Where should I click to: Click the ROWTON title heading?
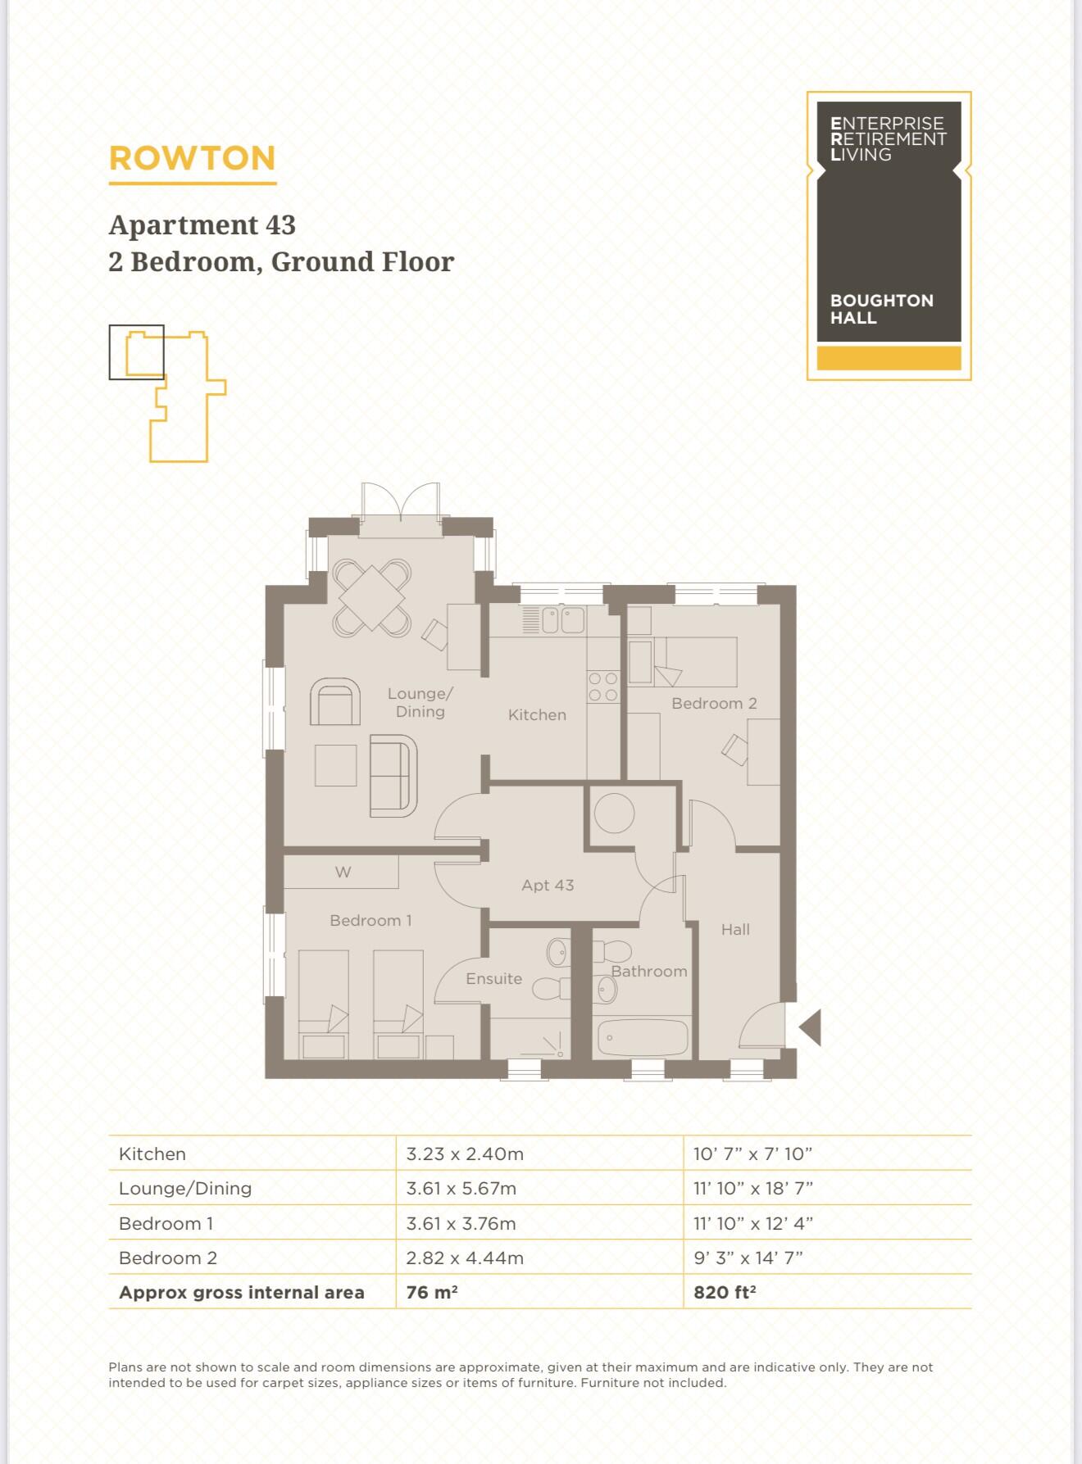pos(192,158)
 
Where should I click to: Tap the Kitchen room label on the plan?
pos(537,715)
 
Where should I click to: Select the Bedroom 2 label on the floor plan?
pos(714,704)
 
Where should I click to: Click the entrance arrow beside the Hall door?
pos(811,1027)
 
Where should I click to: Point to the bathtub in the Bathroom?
pos(642,1038)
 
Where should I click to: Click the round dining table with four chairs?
pos(371,598)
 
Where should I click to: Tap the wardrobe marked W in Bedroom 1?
pos(342,873)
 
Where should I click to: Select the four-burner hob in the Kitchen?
pos(602,687)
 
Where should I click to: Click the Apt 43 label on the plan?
pos(548,886)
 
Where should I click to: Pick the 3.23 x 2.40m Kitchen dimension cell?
pos(465,1154)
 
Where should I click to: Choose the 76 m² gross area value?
pos(432,1293)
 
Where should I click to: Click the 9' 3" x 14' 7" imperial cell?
pos(748,1258)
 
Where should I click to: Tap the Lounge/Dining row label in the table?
pos(185,1189)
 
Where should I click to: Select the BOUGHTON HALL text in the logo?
pos(881,309)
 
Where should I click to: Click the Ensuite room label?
pos(493,979)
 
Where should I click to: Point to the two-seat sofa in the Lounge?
pos(393,776)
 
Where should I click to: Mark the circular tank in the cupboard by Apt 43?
pos(614,814)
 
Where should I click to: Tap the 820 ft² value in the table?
pos(725,1293)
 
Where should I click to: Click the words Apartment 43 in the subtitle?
pos(202,225)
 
